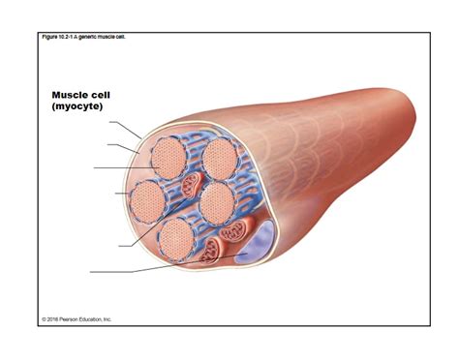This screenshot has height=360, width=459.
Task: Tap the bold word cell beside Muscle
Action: [112, 95]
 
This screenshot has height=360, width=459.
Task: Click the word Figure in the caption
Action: [50, 37]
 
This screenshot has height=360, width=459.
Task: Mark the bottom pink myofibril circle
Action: [176, 237]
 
